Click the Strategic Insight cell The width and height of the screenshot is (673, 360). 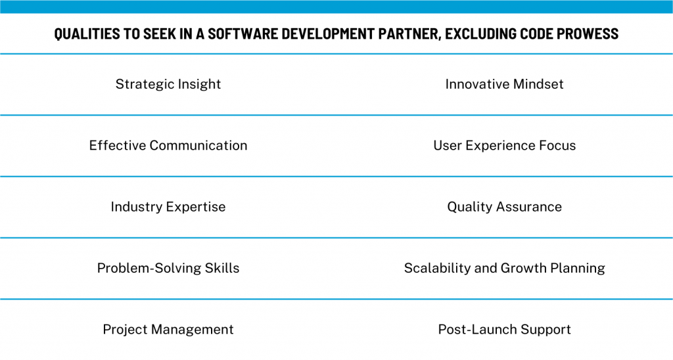(168, 84)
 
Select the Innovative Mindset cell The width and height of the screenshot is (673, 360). (504, 84)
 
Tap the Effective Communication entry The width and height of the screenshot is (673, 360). (168, 145)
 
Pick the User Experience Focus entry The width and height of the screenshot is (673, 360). (504, 145)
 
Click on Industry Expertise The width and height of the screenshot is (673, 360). (168, 207)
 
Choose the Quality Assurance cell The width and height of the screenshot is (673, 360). (504, 207)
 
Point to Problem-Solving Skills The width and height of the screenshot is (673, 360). (168, 268)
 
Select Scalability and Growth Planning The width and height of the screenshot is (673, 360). (504, 268)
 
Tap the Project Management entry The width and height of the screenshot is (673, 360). (168, 329)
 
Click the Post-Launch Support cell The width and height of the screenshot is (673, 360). (504, 329)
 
